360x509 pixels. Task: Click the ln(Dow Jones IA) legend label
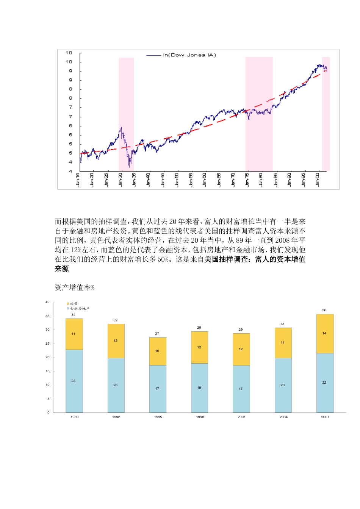189,55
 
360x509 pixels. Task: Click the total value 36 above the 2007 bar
324,310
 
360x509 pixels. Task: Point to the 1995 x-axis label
158,417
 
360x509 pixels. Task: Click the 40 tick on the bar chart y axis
47,302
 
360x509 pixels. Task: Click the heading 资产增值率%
74,287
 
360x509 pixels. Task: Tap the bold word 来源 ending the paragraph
62,269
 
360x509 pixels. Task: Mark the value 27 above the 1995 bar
157,334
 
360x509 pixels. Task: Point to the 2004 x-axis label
283,417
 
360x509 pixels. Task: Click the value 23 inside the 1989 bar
74,381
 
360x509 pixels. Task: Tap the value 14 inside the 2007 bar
324,333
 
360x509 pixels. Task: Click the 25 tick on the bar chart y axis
47,343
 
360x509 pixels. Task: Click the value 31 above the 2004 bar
282,324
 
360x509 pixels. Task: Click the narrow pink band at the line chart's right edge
326,114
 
